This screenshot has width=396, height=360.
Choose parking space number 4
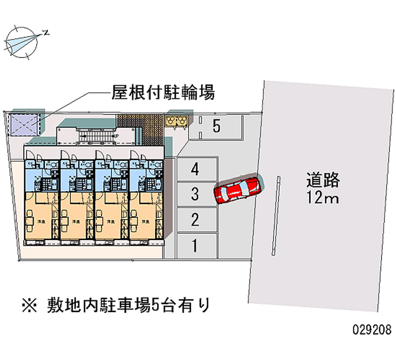pos(196,170)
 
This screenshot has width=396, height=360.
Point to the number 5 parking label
pos(216,126)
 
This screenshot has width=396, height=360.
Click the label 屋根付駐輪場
pos(163,92)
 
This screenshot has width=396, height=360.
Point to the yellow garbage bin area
pos(177,120)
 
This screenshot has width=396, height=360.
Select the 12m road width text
pos(322,199)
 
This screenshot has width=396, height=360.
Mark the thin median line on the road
pos(276,215)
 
